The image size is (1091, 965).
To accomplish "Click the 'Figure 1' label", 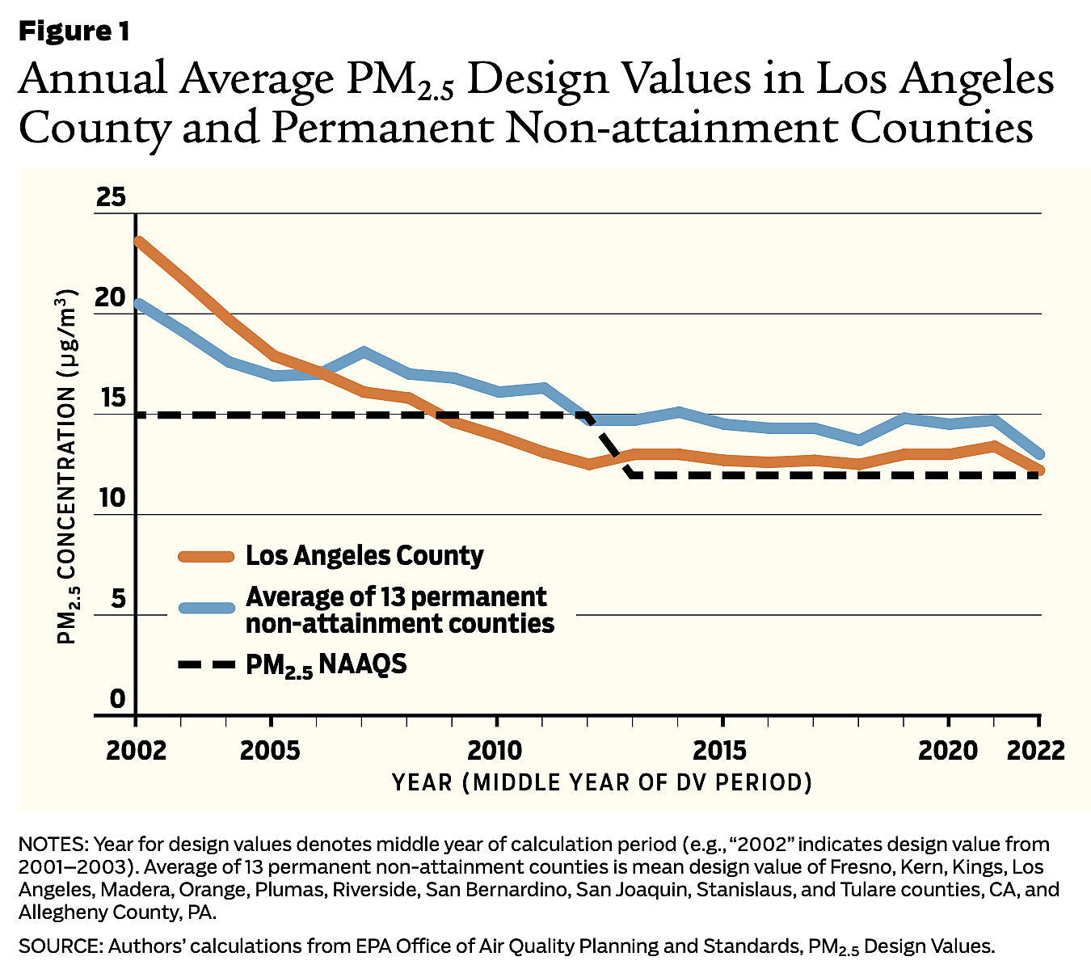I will (74, 32).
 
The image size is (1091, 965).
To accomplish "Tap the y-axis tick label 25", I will (112, 197).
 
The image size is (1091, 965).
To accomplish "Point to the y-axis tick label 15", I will (112, 398).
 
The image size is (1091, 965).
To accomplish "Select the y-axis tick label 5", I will (119, 599).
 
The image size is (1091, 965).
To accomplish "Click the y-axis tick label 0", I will (119, 699).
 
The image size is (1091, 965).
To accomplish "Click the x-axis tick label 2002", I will (136, 751).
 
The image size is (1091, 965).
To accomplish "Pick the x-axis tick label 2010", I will (496, 751).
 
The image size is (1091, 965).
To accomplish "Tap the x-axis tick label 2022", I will (1036, 751).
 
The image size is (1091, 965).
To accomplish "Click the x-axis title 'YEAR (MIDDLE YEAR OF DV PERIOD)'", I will (602, 783).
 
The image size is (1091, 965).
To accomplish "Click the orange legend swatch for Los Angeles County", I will (206, 556).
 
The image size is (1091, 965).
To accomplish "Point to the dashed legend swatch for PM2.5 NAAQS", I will (206, 664).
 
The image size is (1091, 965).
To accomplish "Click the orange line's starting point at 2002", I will (138, 241).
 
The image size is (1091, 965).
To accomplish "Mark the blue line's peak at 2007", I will (364, 352).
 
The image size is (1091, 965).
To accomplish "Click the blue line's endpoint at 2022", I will (1039, 454).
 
